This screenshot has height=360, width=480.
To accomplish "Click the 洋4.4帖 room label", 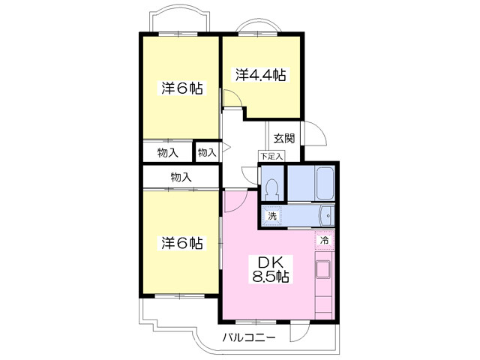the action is point(261,75).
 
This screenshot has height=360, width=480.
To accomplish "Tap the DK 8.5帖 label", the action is point(270,269).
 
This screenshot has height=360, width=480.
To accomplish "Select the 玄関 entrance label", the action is point(284,138).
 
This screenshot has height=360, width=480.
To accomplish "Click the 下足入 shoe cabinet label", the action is point(271,157).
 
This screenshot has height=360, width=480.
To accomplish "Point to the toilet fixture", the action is point(271,190).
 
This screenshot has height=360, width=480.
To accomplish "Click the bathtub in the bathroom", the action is point(325,184).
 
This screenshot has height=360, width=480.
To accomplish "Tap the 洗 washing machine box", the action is point(271,216).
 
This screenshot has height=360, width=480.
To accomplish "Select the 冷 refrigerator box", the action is point(325,240).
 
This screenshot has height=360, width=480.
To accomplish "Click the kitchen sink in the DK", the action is point(323,269).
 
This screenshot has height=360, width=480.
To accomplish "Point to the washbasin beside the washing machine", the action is point(327,216).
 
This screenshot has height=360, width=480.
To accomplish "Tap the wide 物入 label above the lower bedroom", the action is point(181,177).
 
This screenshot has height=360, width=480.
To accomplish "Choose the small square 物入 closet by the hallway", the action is point(207,152).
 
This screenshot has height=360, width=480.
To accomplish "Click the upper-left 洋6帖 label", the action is point(181,88).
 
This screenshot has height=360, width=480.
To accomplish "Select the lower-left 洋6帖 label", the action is point(181,243).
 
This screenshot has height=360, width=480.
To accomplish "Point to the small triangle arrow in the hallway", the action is point(226,148).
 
